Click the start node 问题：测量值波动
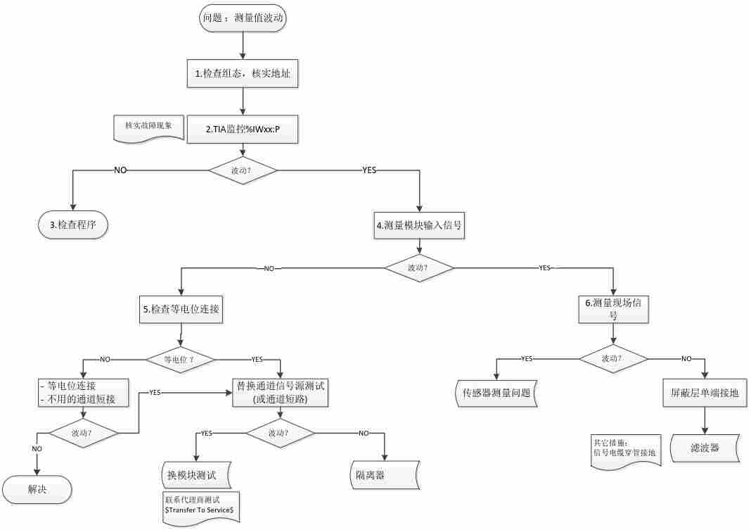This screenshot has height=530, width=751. coord(243,20)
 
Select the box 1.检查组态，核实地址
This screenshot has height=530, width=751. coord(243,73)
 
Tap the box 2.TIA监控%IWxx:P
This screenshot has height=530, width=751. coord(243,130)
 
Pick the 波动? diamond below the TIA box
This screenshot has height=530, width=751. coord(243,170)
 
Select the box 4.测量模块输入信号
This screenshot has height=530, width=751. coord(420,226)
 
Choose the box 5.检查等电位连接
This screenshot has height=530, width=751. coord(182,309)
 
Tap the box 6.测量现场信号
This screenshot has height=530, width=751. coord(613,309)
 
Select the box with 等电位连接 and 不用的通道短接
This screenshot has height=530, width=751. coord(83,393)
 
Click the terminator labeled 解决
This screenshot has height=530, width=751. coord(37,489)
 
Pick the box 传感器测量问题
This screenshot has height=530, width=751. coord(495,393)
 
